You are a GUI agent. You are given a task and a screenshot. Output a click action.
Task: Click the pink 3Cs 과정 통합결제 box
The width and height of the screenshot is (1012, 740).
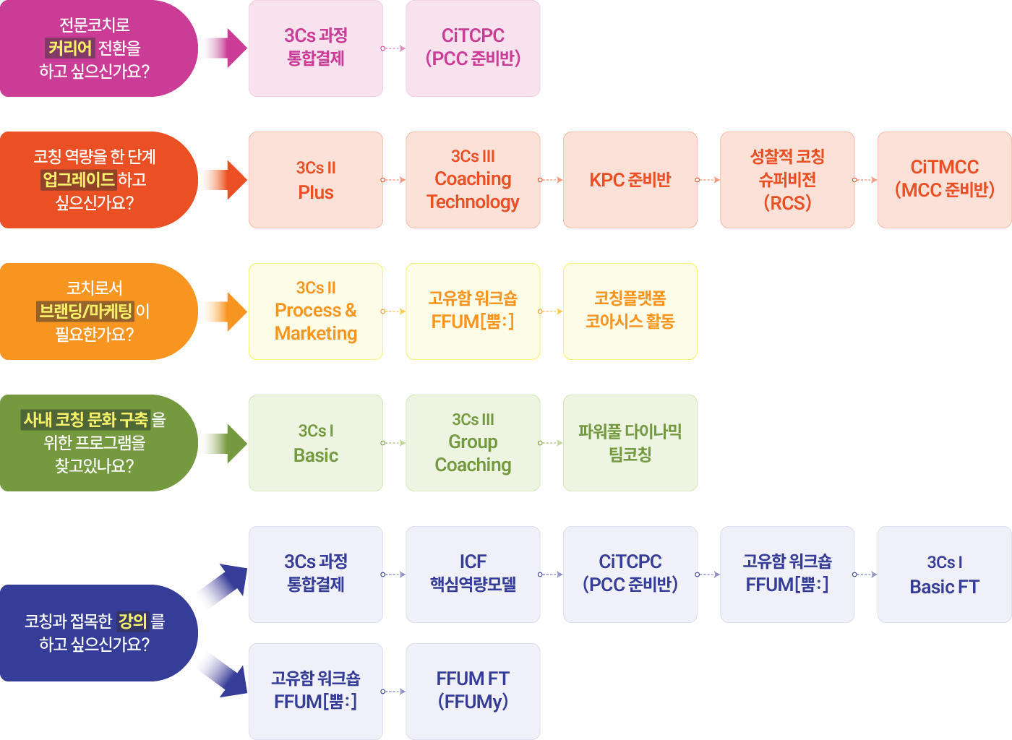point(316,48)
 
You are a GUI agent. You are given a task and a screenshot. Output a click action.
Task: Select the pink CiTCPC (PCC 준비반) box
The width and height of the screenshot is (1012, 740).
point(473,48)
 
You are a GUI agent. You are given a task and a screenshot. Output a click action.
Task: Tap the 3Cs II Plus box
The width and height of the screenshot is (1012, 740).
point(316,180)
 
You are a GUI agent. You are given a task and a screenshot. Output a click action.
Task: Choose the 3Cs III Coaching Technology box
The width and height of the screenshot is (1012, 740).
point(473,180)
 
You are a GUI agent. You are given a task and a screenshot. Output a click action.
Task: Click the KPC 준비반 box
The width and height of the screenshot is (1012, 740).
point(630,180)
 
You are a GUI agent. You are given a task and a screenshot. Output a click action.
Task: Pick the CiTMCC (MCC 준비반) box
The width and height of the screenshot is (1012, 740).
point(944,180)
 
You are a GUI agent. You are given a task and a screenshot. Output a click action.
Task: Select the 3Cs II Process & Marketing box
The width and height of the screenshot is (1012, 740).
point(316,311)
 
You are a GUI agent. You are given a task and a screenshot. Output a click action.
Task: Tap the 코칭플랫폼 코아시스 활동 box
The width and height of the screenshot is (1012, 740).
point(630,311)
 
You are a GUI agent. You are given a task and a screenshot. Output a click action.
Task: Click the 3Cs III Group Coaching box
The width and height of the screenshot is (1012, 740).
point(473,443)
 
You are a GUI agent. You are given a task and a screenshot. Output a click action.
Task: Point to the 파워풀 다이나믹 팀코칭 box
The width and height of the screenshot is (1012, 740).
point(630,443)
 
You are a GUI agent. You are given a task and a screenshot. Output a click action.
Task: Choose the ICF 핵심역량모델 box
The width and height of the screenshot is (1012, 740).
point(473,575)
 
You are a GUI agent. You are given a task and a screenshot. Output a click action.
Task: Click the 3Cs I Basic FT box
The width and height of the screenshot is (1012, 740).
point(944,575)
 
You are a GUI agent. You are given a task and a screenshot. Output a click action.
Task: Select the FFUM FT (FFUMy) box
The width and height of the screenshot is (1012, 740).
point(473,692)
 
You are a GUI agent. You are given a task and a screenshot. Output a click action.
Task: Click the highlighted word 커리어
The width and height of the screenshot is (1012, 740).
point(70,48)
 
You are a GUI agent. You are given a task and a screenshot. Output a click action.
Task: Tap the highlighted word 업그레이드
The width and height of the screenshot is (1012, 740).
point(79,180)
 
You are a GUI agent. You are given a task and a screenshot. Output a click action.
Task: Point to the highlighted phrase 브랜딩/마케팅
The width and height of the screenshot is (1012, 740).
point(86,311)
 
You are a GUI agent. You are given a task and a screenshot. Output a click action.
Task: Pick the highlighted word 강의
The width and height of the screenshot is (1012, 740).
point(133,621)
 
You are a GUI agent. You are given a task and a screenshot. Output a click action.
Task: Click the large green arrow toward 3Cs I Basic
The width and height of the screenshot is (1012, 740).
point(223,443)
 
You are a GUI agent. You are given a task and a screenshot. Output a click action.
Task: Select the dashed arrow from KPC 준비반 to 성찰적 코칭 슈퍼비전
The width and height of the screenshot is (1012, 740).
point(708,180)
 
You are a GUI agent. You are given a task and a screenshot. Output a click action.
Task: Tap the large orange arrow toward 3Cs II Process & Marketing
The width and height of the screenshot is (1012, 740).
point(223,311)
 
